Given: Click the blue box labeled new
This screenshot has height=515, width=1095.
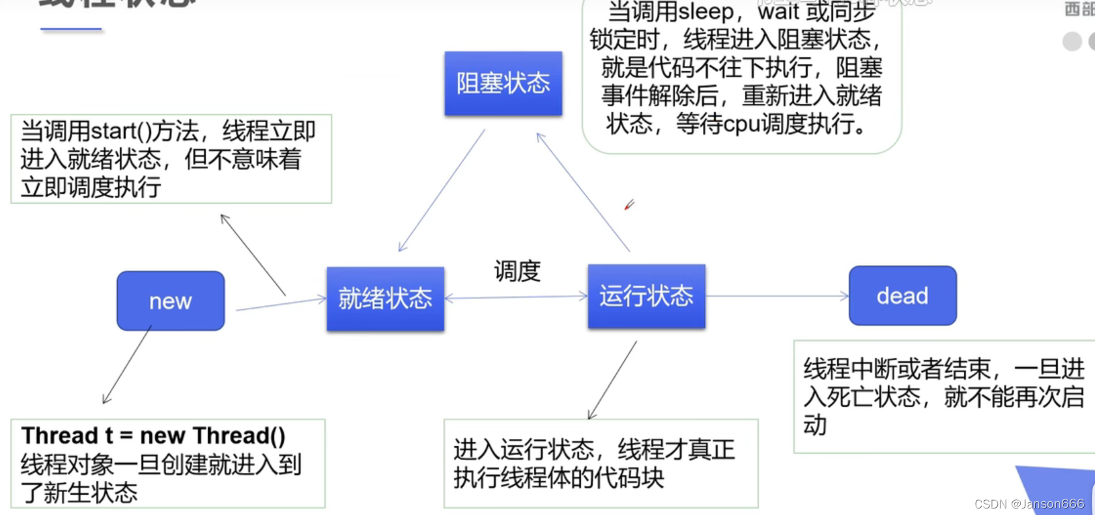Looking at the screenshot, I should click(x=171, y=301).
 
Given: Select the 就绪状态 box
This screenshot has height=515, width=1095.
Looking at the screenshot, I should click(x=386, y=299).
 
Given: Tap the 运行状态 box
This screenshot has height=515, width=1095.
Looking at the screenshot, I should click(x=646, y=296).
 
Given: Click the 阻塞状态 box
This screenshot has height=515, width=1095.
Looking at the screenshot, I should click(x=503, y=83).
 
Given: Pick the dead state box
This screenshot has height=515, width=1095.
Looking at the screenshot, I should click(x=902, y=296).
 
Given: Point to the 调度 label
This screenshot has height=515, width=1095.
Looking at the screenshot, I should click(x=517, y=271).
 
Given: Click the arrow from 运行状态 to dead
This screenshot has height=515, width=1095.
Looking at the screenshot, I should click(x=777, y=296).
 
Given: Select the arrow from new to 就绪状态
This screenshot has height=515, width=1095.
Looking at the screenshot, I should click(x=280, y=304).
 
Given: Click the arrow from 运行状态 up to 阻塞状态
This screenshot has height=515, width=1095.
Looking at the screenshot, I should click(x=583, y=192).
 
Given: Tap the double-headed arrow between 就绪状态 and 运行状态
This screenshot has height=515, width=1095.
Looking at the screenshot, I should click(x=516, y=298).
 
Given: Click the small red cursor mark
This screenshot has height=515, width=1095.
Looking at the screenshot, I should click(x=629, y=205).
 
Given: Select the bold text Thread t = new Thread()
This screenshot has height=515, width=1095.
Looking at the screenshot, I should click(x=153, y=436).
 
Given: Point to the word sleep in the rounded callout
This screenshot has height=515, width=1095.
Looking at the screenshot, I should click(x=706, y=12).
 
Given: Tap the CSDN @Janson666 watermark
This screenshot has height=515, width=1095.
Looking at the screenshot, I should click(x=1029, y=504).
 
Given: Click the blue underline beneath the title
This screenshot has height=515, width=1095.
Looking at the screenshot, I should click(x=71, y=29).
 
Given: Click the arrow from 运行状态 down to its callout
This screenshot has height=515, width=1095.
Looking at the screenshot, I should click(x=612, y=380).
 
